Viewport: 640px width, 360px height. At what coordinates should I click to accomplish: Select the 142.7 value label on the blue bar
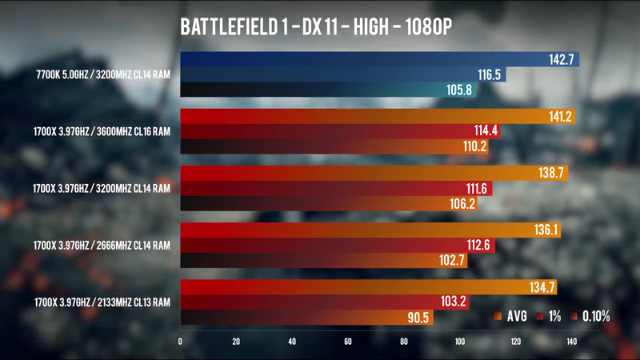(x=561, y=60)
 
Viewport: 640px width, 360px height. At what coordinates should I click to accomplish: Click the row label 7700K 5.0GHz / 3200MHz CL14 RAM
(x=103, y=75)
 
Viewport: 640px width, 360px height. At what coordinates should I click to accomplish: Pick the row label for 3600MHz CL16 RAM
(x=102, y=132)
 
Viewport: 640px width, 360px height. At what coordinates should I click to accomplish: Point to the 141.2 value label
(x=557, y=117)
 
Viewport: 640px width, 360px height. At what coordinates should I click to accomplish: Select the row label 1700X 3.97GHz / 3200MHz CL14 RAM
(x=102, y=189)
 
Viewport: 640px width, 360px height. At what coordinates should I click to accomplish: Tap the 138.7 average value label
(x=550, y=174)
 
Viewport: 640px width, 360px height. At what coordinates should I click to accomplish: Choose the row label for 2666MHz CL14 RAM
(x=102, y=246)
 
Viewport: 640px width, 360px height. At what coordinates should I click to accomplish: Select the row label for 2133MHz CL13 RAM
(x=102, y=302)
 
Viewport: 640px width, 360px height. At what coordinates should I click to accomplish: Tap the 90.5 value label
(x=418, y=318)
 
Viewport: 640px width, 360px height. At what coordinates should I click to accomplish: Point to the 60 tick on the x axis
(x=348, y=342)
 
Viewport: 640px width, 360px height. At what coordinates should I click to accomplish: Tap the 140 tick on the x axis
(x=571, y=342)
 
